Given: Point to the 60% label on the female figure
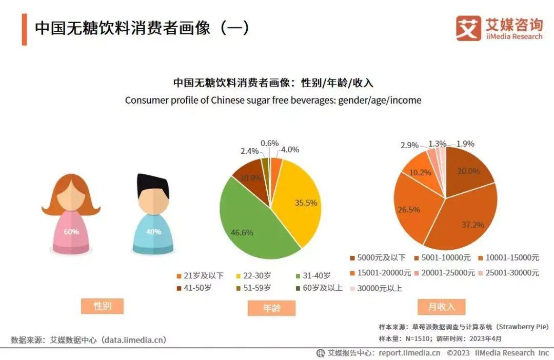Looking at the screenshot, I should (71, 232).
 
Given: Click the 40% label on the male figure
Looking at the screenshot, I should (153, 232).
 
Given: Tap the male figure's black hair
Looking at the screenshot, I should (152, 185).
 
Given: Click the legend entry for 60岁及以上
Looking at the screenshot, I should (319, 288).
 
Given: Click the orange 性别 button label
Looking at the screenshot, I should (102, 306).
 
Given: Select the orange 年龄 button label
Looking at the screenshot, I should (272, 308).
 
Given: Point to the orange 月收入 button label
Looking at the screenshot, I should (442, 307).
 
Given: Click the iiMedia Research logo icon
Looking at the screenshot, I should (468, 29).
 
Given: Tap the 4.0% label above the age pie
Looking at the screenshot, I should (290, 150).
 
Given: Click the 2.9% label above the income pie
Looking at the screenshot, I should (410, 145).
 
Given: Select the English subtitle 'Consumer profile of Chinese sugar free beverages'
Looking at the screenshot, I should (273, 100).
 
